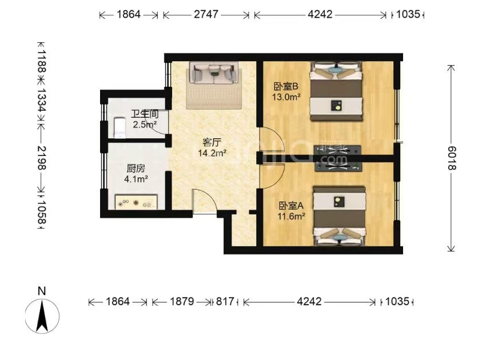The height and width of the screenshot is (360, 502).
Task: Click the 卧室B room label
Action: pyautogui.click(x=286, y=86)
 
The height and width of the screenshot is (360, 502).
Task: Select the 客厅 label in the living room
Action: pyautogui.click(x=212, y=142)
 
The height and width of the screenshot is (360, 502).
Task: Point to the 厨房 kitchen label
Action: pyautogui.click(x=136, y=169)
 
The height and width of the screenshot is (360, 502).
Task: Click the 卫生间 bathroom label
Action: pyautogui.click(x=145, y=114)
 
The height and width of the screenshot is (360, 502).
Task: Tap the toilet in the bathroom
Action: pyautogui.click(x=119, y=127)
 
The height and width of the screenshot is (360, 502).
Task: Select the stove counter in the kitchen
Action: pyautogui.click(x=136, y=202)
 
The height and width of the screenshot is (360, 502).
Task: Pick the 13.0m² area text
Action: pyautogui.click(x=286, y=97)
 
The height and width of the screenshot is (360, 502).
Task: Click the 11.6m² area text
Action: pyautogui.click(x=291, y=217)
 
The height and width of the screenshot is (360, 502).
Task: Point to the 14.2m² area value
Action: pyautogui.click(x=212, y=153)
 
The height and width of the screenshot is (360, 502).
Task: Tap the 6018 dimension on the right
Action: pyautogui.click(x=452, y=158)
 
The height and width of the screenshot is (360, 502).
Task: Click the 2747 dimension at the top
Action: pyautogui.click(x=206, y=14)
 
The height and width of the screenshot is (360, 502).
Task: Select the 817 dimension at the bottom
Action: pyautogui.click(x=225, y=302)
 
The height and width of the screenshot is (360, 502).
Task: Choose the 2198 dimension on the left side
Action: pyautogui.click(x=42, y=158)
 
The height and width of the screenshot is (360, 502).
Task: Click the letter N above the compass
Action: pyautogui.click(x=42, y=291)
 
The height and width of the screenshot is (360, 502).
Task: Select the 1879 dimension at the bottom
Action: pyautogui.click(x=182, y=302)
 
